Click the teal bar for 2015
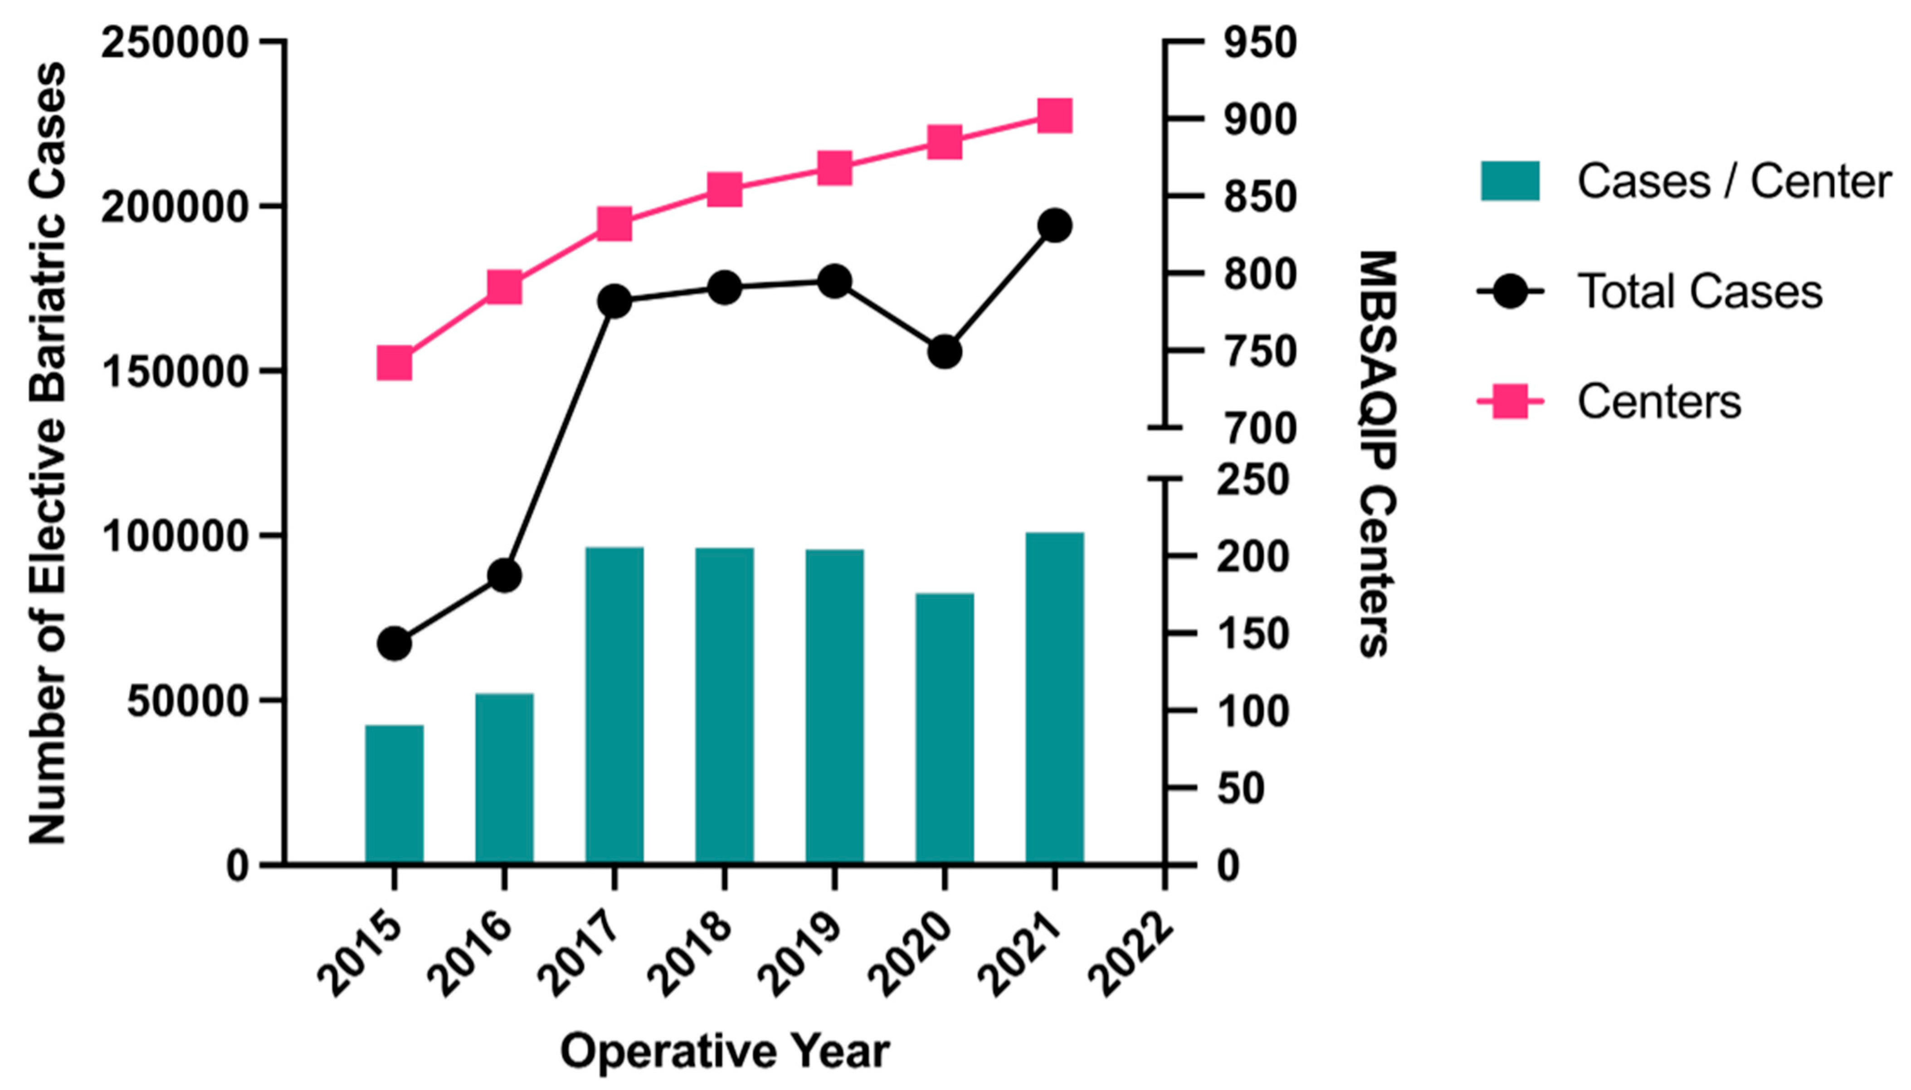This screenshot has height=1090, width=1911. tap(394, 794)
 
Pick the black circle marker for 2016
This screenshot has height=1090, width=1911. tap(504, 575)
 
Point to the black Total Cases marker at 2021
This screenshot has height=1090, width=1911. tap(1055, 225)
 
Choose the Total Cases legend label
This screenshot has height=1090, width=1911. tap(1699, 291)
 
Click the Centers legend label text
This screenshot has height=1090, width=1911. tap(1659, 402)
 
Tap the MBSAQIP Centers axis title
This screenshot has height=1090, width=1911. tap(1376, 453)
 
